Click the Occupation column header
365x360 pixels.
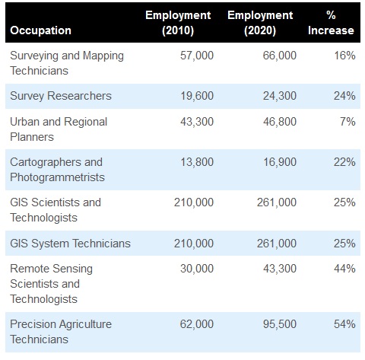click(x=40, y=30)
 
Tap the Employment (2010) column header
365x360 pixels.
click(x=178, y=23)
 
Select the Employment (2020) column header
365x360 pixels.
click(x=260, y=23)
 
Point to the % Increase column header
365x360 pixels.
click(x=331, y=23)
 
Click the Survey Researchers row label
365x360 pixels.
click(x=61, y=96)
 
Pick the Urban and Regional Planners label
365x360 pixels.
click(x=59, y=129)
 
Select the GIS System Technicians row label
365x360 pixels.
click(x=70, y=244)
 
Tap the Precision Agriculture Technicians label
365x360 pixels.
click(x=61, y=332)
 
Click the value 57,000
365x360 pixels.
click(x=197, y=56)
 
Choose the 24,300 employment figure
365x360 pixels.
click(x=280, y=96)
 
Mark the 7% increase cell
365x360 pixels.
click(x=348, y=122)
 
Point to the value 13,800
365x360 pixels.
click(x=197, y=162)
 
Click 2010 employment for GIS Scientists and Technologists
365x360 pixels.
click(x=194, y=202)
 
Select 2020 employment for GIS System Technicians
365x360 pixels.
click(x=277, y=244)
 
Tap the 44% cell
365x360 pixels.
click(x=344, y=269)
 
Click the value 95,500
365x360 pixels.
click(x=280, y=324)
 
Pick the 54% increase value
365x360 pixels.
click(x=344, y=324)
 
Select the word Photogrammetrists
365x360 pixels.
click(x=57, y=177)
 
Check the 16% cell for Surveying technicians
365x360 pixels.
click(x=344, y=56)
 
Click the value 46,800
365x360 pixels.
click(x=280, y=122)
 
